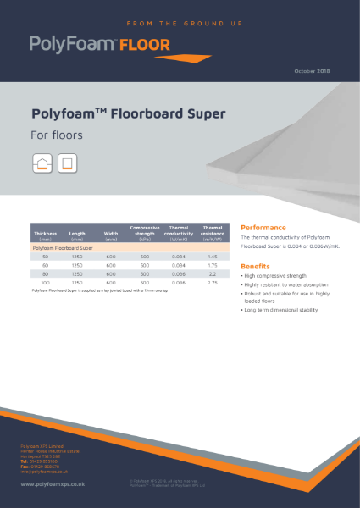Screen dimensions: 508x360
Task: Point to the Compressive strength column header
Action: tap(144, 233)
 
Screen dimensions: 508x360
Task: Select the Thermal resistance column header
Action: tap(213, 233)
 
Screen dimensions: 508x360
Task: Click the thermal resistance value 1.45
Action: tap(213, 256)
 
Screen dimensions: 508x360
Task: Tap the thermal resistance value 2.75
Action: tap(213, 282)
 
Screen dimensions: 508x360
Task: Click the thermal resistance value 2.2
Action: tap(213, 273)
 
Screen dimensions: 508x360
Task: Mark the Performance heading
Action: tap(263, 227)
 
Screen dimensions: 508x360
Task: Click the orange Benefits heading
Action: tap(256, 266)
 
